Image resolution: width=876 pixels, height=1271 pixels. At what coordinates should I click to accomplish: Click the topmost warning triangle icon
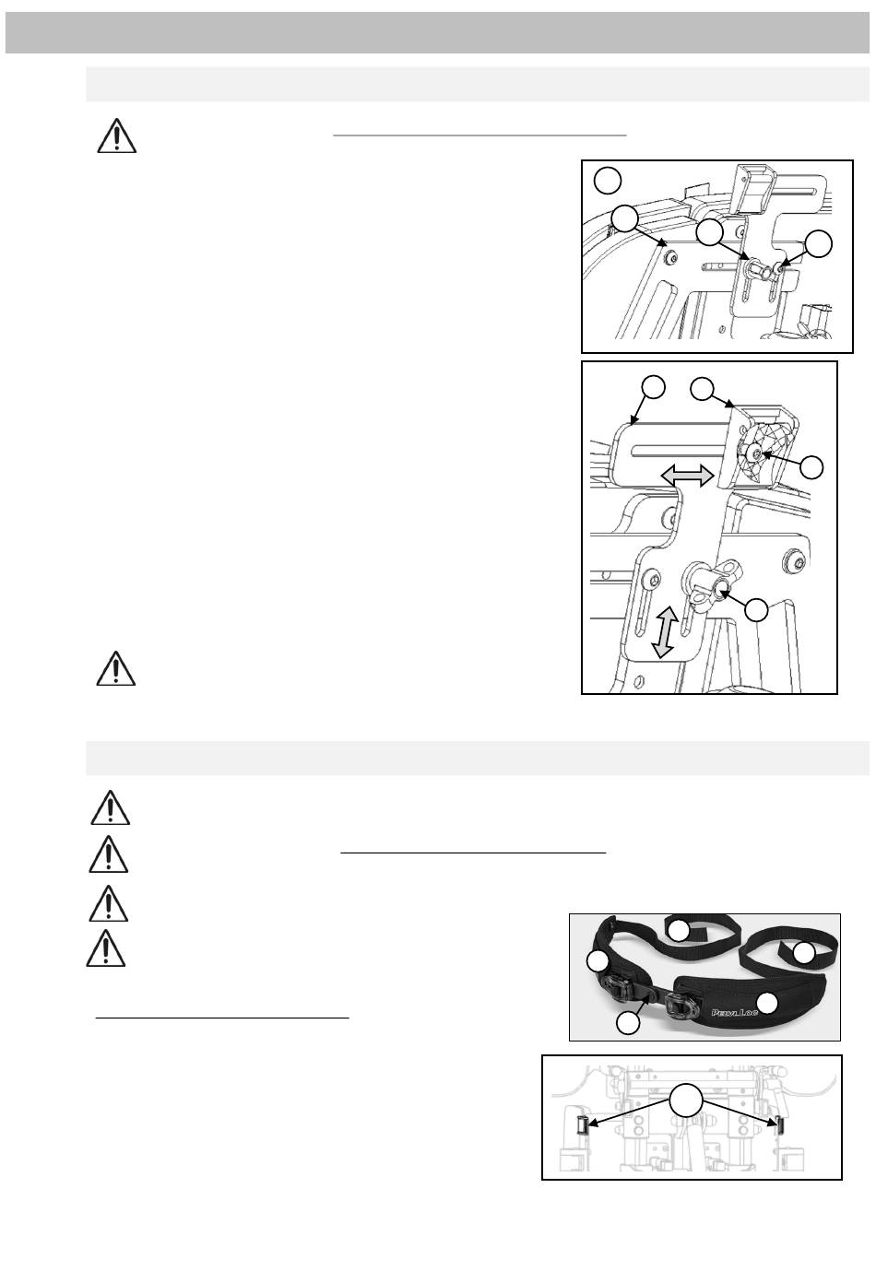pyautogui.click(x=116, y=136)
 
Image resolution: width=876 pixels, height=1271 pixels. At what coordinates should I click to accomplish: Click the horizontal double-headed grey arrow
pyautogui.click(x=686, y=475)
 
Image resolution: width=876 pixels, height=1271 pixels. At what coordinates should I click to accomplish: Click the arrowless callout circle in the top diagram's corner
pyautogui.click(x=608, y=181)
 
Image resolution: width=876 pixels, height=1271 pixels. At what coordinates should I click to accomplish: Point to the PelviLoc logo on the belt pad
pyautogui.click(x=735, y=1012)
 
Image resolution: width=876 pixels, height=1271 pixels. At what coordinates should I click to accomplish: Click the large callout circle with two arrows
pyautogui.click(x=686, y=1100)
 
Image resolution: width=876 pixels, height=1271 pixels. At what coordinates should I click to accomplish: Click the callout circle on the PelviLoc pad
pyautogui.click(x=767, y=1002)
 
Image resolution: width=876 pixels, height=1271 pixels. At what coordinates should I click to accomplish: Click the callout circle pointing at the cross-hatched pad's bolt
pyautogui.click(x=811, y=467)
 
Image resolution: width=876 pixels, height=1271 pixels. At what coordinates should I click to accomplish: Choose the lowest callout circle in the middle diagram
pyautogui.click(x=756, y=610)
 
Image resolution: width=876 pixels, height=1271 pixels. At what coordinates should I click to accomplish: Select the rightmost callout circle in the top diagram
pyautogui.click(x=819, y=244)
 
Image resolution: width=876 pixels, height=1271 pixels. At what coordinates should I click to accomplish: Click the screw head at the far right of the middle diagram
pyautogui.click(x=796, y=563)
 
